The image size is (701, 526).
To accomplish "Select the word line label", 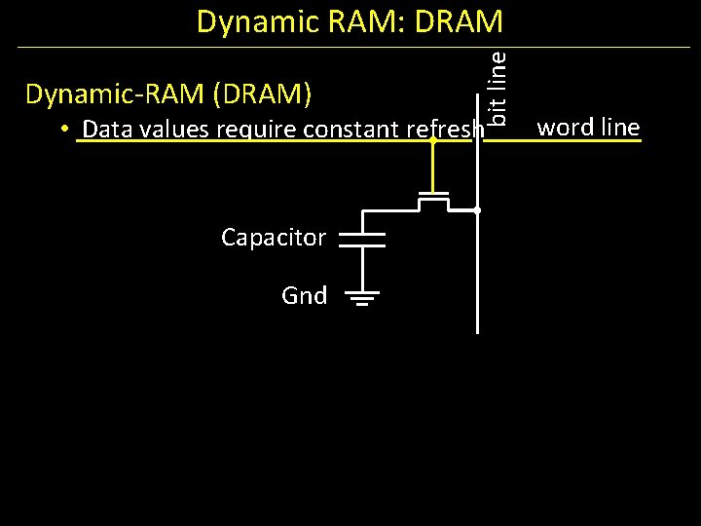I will point(588,127).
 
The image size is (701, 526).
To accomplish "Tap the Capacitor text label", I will point(274,238).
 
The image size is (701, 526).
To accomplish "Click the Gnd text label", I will point(304,296).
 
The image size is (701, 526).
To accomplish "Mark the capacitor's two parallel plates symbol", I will point(362,240).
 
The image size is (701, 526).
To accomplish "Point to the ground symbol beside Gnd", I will point(362,297).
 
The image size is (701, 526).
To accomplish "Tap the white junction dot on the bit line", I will point(477,209).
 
